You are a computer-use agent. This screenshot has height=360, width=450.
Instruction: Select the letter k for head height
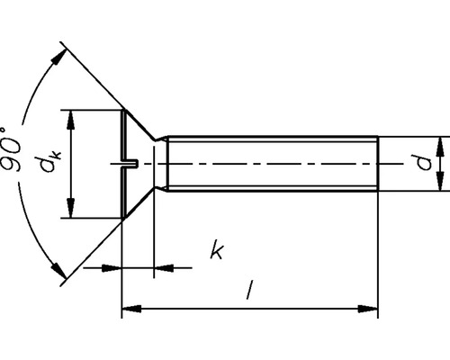tap(216, 250)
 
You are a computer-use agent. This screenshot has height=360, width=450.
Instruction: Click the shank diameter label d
tap(420, 164)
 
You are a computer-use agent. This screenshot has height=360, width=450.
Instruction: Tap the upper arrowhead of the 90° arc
tap(60, 55)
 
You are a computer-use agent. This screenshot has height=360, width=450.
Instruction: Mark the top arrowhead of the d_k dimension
tap(69, 118)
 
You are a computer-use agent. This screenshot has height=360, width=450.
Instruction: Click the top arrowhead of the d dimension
tap(441, 147)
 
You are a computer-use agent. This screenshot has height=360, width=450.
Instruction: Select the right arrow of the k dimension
tap(165, 267)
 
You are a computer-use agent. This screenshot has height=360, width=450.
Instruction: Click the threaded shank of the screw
tap(270, 164)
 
